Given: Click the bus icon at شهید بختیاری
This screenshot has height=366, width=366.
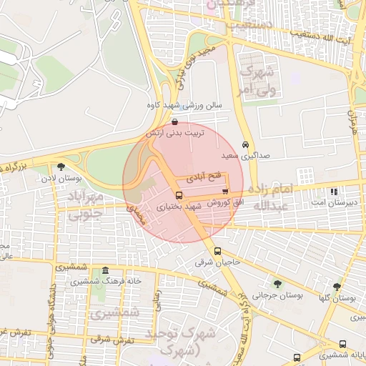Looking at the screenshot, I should click(179, 195).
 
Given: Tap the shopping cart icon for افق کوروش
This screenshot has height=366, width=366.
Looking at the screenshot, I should click(226, 192).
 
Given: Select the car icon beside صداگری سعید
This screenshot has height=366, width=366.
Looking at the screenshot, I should click(246, 144).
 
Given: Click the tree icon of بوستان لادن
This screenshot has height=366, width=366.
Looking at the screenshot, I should click(69, 166).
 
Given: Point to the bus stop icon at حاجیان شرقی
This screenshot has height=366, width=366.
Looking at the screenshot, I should click(218, 251).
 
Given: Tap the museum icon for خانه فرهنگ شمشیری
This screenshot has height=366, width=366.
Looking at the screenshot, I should click(105, 270).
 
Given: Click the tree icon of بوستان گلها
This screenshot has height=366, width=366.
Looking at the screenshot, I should click(337, 287).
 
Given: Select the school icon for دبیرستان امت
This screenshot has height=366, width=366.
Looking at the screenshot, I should click(333, 192).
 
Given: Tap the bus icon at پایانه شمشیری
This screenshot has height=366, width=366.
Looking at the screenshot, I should click(297, 357).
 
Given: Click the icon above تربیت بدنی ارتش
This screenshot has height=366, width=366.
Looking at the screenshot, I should click(175, 122).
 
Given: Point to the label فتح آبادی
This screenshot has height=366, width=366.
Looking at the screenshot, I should click(204, 173).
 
